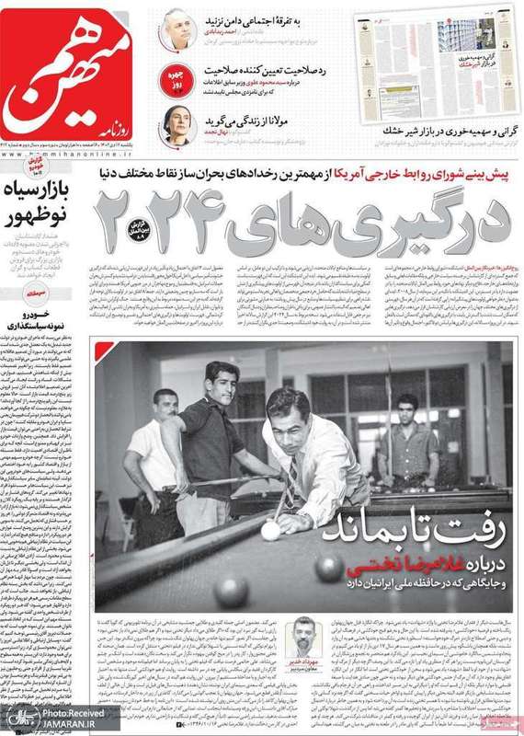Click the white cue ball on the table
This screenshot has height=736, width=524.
coord(270,531)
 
